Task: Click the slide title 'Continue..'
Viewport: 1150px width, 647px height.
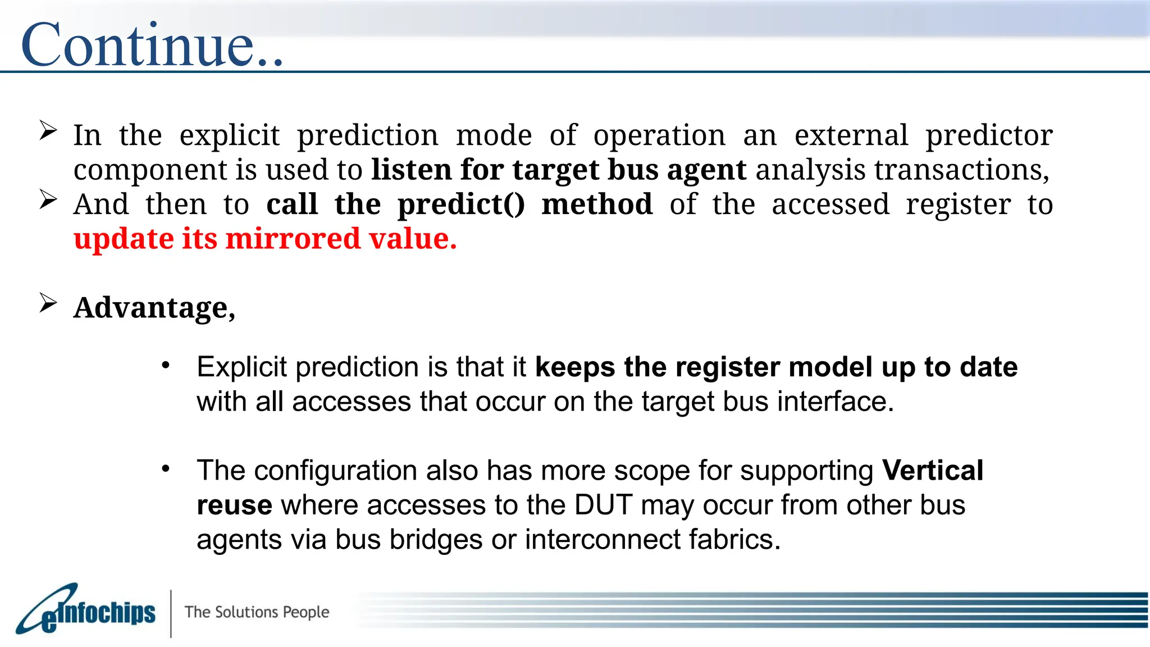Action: (152, 45)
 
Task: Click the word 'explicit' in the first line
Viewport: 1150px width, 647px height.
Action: (229, 136)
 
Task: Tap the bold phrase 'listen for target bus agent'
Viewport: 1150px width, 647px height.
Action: (558, 170)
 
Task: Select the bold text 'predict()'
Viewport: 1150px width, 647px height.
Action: (461, 204)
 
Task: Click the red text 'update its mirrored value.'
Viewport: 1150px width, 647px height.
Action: (265, 239)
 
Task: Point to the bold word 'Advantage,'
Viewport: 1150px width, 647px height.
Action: (154, 308)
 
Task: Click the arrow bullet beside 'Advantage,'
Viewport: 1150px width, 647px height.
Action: (48, 303)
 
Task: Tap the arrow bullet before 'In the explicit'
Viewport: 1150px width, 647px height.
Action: (48, 131)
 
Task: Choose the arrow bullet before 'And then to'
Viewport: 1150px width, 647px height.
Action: (48, 200)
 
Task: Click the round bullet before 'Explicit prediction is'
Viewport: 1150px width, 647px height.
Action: (165, 366)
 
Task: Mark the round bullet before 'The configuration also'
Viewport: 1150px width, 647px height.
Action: (165, 469)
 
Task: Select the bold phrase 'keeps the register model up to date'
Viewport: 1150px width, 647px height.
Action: (776, 367)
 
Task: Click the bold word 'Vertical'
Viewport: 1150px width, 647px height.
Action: (932, 471)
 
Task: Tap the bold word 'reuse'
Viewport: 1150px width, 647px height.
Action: (234, 505)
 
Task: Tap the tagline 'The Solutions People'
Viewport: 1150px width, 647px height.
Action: (257, 612)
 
